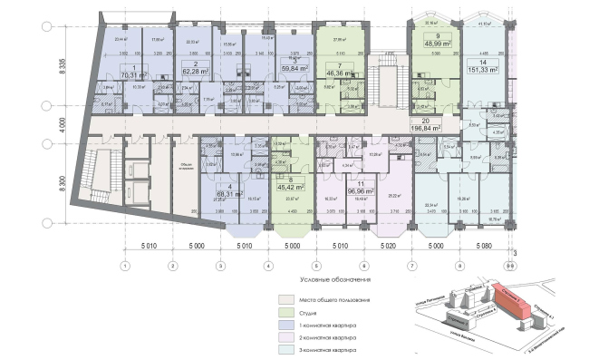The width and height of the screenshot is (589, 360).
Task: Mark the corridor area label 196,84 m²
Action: point(425,128)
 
